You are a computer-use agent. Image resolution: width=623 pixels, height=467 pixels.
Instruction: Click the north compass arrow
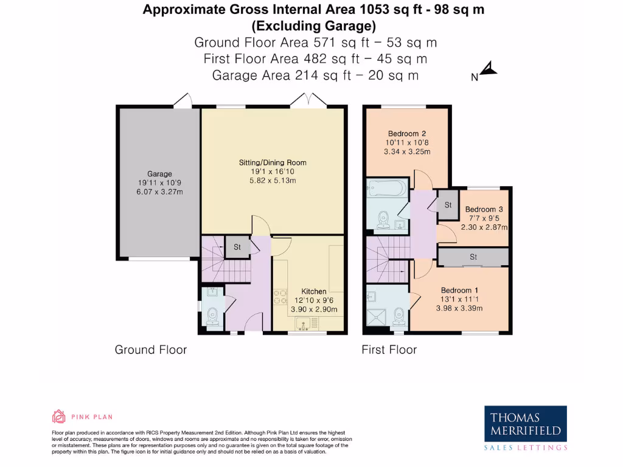pyautogui.click(x=490, y=70)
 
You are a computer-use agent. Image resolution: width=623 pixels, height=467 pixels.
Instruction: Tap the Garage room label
pyautogui.click(x=159, y=174)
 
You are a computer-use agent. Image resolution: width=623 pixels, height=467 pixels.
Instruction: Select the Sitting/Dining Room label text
pyautogui.click(x=272, y=162)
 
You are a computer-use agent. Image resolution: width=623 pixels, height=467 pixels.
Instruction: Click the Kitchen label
pyautogui.click(x=314, y=291)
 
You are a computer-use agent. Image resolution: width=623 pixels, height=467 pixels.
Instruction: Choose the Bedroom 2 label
pyautogui.click(x=406, y=134)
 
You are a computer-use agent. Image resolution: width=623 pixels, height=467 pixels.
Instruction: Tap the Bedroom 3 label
pyautogui.click(x=484, y=210)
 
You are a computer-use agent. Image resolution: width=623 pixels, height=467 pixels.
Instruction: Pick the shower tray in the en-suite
pyautogui.click(x=378, y=317)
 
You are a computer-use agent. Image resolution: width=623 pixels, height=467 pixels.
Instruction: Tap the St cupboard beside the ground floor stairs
pyautogui.click(x=237, y=247)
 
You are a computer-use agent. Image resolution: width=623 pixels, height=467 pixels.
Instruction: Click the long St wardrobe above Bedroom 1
pyautogui.click(x=473, y=257)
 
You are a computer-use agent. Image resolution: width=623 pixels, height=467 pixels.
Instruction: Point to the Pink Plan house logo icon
pyautogui.click(x=59, y=417)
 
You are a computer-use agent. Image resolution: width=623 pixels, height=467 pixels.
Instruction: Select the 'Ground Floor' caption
pyautogui.click(x=151, y=350)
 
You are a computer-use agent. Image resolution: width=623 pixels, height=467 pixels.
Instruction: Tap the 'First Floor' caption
pyautogui.click(x=389, y=350)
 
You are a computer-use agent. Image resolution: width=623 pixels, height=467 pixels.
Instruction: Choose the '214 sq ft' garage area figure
pyautogui.click(x=321, y=75)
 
